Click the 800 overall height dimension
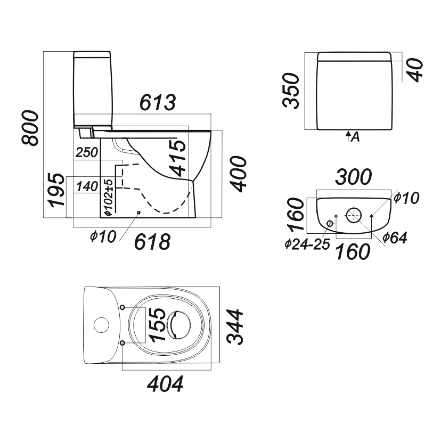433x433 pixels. pyautogui.click(x=30, y=128)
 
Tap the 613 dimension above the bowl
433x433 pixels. pyautogui.click(x=158, y=102)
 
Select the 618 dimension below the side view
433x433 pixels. pyautogui.click(x=152, y=242)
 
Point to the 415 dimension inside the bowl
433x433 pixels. pyautogui.click(x=176, y=158)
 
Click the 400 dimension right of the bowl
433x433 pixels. pyautogui.click(x=238, y=174)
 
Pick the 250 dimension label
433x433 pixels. pyautogui.click(x=87, y=152)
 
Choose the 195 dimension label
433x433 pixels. pyautogui.click(x=56, y=190)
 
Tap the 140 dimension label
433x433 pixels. pyautogui.click(x=87, y=186)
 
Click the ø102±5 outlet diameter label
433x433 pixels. pyautogui.click(x=109, y=197)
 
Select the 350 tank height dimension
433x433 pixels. pyautogui.click(x=291, y=91)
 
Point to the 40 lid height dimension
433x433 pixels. pyautogui.click(x=415, y=70)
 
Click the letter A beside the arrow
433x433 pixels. pyautogui.click(x=355, y=137)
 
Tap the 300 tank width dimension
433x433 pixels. pyautogui.click(x=354, y=177)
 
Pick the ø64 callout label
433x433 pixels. pyautogui.click(x=395, y=238)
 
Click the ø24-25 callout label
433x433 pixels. pyautogui.click(x=307, y=244)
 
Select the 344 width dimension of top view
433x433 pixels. pyautogui.click(x=235, y=326)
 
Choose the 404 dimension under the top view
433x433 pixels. pyautogui.click(x=165, y=383)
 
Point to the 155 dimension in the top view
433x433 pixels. pyautogui.click(x=157, y=325)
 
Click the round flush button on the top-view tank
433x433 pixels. pyautogui.click(x=101, y=325)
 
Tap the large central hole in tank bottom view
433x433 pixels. pyautogui.click(x=354, y=215)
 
